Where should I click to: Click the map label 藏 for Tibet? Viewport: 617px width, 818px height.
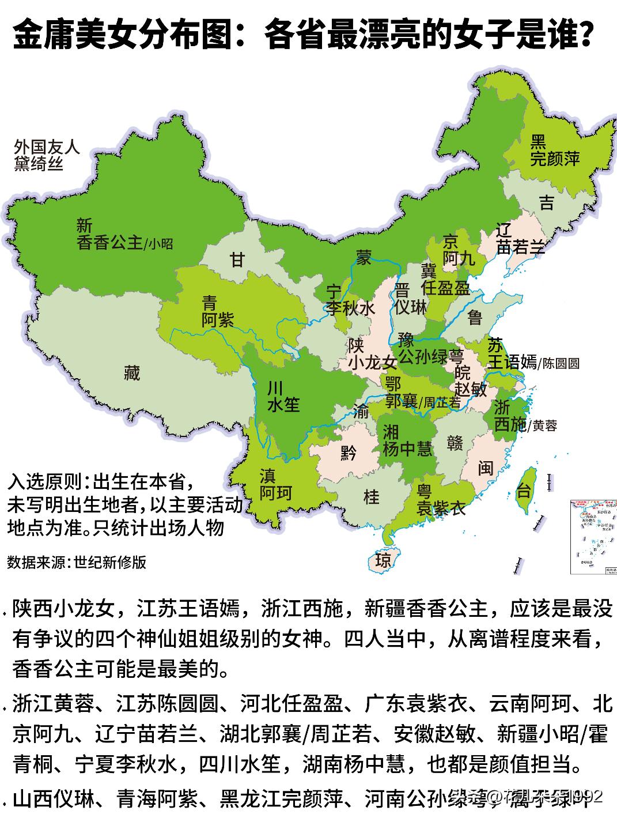click(132, 374)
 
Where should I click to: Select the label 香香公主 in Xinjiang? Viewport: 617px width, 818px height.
click(109, 243)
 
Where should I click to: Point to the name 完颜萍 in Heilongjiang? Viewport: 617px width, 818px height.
click(555, 159)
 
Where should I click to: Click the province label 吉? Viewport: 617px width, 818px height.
click(546, 203)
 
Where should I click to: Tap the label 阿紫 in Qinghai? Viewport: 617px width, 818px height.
click(218, 320)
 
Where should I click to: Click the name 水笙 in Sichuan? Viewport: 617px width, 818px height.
click(283, 405)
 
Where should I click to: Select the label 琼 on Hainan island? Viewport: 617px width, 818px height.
click(383, 560)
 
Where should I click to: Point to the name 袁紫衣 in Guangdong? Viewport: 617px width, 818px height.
click(441, 508)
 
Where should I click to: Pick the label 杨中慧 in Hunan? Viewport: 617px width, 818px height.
click(407, 448)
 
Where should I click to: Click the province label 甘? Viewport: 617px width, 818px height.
click(237, 260)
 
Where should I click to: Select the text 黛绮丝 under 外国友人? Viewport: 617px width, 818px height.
click(39, 164)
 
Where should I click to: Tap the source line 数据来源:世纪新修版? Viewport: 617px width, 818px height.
click(77, 562)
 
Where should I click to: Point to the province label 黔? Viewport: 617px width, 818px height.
click(349, 453)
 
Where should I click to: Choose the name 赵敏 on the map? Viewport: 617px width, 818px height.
click(471, 389)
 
